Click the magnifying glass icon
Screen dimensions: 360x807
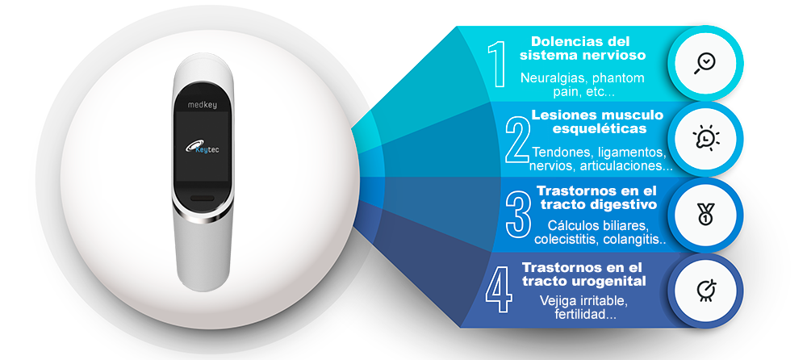pyautogui.click(x=705, y=64)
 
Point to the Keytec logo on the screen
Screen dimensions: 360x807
pyautogui.click(x=203, y=147)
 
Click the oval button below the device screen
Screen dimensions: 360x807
pyautogui.click(x=203, y=198)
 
